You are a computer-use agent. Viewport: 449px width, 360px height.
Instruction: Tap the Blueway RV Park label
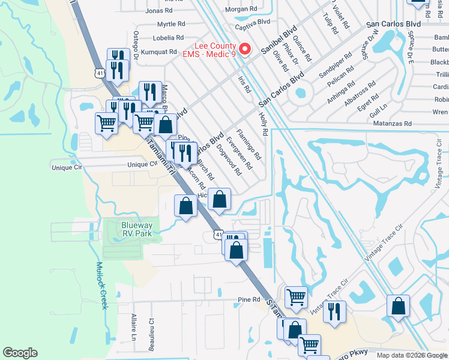128,229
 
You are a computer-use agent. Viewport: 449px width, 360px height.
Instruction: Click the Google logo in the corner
20,353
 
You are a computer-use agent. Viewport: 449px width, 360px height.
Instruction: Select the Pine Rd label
249,299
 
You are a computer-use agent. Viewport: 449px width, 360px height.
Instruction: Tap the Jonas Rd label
158,11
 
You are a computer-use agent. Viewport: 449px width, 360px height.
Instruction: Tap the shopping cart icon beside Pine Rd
296,296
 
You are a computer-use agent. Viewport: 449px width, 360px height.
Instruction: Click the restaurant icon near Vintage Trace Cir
334,311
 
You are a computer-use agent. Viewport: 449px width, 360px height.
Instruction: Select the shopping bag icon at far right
398,306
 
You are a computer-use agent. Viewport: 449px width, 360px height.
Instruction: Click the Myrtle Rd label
171,24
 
